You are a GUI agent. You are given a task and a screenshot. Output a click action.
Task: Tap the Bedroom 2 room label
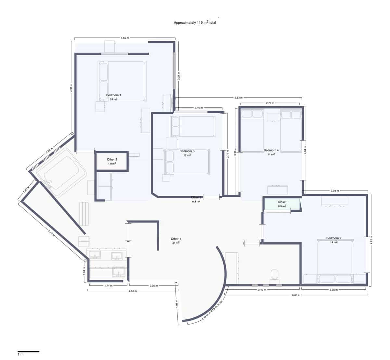coord(334,238)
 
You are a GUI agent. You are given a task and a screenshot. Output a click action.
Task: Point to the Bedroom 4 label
coord(271,150)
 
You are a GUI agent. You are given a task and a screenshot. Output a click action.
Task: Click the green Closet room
coord(281,204)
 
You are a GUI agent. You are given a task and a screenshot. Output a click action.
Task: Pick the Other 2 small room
coord(112,161)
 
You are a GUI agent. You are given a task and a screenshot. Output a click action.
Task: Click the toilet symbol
coord(275,275)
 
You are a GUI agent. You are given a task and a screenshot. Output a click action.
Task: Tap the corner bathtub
coord(61,173)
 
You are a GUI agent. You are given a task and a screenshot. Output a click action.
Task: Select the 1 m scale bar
coord(28,352)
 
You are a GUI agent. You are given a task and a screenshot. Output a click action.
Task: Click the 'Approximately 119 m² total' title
coord(195,23)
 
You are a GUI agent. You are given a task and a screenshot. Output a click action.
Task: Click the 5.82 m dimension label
coord(239,98)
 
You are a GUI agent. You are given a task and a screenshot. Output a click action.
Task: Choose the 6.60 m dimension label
coord(296,295)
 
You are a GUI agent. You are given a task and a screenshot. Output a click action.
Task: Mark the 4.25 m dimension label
coord(372,241)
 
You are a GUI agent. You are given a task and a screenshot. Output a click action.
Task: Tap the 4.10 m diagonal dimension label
coord(50,233)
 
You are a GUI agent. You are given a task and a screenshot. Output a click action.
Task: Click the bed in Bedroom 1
coord(122,81)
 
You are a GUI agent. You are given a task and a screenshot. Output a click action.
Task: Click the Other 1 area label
coord(176,241)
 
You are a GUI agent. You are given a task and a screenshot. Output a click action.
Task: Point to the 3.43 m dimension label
coord(263,289)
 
